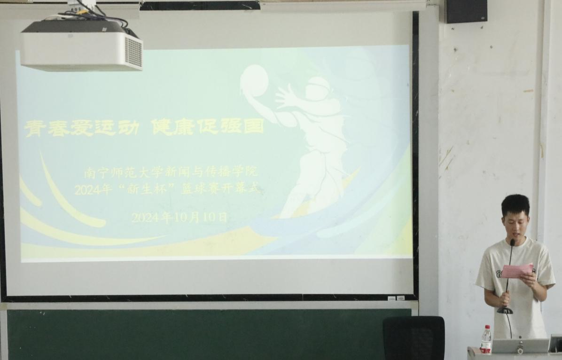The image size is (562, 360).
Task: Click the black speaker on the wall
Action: pos(466,11)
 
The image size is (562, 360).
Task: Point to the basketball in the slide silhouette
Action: pos(254,81)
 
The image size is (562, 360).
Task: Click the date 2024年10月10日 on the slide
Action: pos(179,217)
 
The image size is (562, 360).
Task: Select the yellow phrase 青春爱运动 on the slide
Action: pos(82,128)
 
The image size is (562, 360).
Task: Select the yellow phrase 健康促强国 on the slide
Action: pos(208,126)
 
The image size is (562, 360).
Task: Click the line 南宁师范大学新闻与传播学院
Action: pos(171,172)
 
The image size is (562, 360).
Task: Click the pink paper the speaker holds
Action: pos(517,271)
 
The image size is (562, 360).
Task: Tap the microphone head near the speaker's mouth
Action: pos(512,243)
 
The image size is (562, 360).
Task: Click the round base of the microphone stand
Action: pos(505,310)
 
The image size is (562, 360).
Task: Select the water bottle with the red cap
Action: pos(486,339)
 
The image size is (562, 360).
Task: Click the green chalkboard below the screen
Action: pos(194,334)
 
